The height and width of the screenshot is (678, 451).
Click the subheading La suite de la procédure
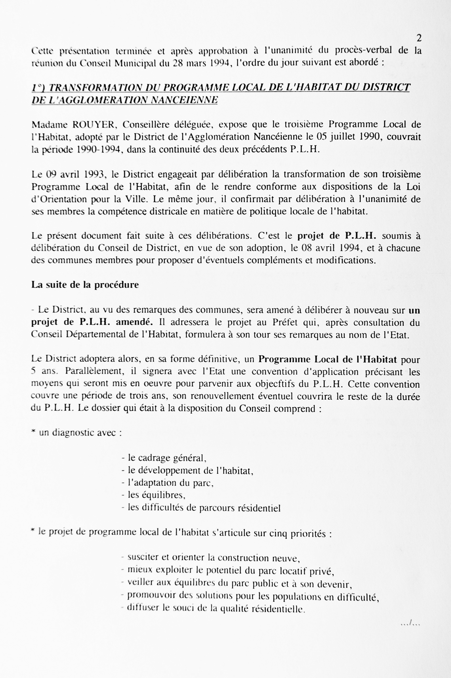(85, 285)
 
